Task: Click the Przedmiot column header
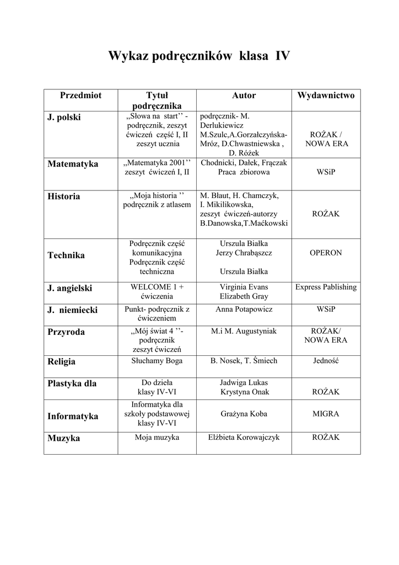pyautogui.click(x=80, y=95)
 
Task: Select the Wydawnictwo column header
pyautogui.click(x=326, y=95)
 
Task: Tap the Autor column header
pyautogui.click(x=244, y=95)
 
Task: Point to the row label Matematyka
pyautogui.click(x=73, y=164)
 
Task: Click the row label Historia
pyautogui.click(x=63, y=196)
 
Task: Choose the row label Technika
pyautogui.click(x=66, y=255)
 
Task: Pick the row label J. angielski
pyautogui.click(x=70, y=288)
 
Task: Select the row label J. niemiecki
pyautogui.click(x=72, y=310)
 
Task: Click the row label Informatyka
pyautogui.click(x=73, y=416)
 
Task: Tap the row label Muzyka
pyautogui.click(x=63, y=438)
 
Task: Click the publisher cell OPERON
pyautogui.click(x=326, y=253)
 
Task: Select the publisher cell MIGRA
pyautogui.click(x=326, y=413)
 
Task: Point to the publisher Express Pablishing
pyautogui.click(x=326, y=287)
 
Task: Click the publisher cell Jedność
pyautogui.click(x=326, y=361)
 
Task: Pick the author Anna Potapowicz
pyautogui.click(x=244, y=310)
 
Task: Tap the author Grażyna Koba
pyautogui.click(x=244, y=413)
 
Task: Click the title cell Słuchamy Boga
pyautogui.click(x=157, y=361)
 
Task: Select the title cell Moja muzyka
pyautogui.click(x=157, y=438)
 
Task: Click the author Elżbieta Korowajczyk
pyautogui.click(x=244, y=438)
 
